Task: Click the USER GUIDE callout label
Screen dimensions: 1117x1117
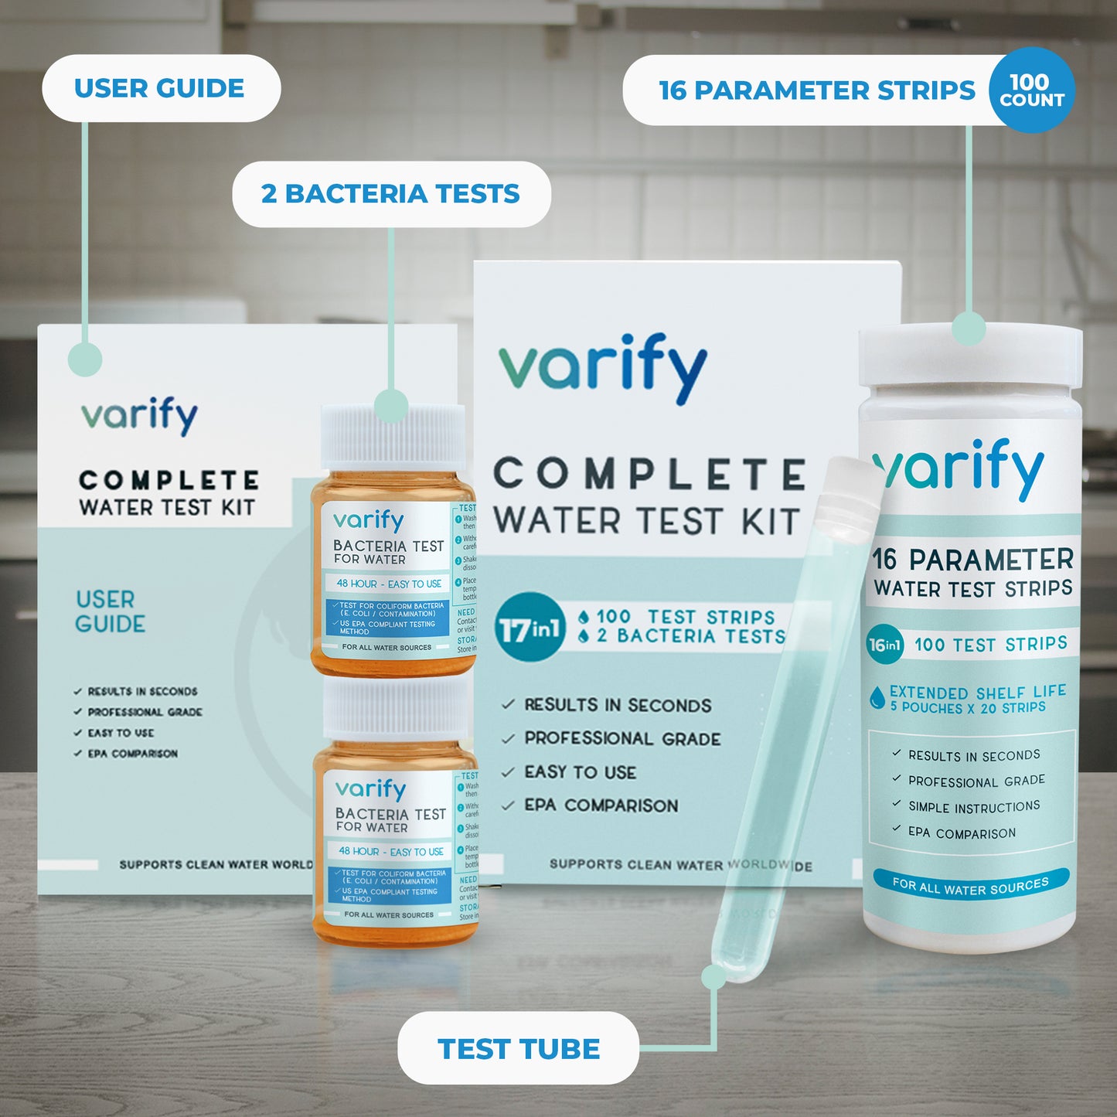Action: coord(160,88)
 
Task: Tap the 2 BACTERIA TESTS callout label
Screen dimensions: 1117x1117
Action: coord(391,194)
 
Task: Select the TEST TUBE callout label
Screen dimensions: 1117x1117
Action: coord(518,1049)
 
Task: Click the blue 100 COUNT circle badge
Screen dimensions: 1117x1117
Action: coord(1031,90)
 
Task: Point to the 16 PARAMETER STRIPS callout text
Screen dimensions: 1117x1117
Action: coord(816,90)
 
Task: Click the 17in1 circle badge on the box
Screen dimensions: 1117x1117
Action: coord(530,627)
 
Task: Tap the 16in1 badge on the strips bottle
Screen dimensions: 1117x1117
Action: coord(885,644)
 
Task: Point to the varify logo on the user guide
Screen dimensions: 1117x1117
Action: coord(140,415)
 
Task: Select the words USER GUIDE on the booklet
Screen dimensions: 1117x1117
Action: coord(110,611)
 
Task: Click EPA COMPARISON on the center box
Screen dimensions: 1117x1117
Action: coord(601,805)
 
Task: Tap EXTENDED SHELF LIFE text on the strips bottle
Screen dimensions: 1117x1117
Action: coord(977,692)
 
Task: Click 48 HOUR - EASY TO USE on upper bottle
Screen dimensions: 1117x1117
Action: coord(389,584)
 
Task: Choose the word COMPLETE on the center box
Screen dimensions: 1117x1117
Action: coord(649,473)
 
